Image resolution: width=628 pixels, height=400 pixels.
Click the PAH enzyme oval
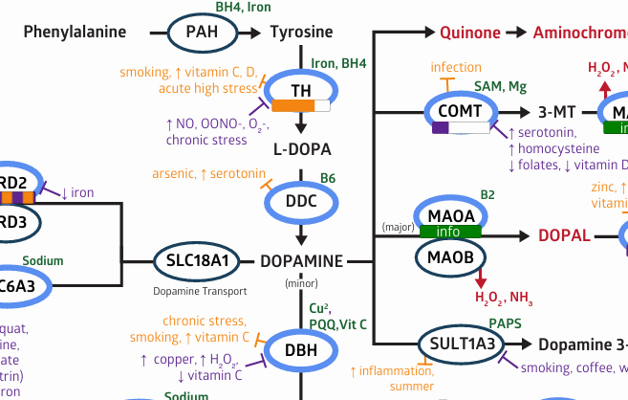click(202, 33)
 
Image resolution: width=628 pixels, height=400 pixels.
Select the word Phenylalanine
click(75, 33)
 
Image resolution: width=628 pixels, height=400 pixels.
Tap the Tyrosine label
click(301, 33)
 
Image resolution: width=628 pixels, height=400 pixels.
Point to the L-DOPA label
click(301, 149)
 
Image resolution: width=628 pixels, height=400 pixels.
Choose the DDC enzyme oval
click(301, 200)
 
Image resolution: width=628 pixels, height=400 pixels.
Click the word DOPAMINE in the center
click(301, 260)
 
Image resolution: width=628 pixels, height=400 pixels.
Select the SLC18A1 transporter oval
click(197, 260)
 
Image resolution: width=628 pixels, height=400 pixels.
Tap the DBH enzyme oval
click(301, 350)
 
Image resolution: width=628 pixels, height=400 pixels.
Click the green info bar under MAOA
click(447, 231)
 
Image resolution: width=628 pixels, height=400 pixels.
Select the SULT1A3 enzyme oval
click(460, 344)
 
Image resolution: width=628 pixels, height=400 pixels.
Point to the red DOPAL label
click(563, 235)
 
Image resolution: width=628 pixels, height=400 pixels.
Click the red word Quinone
click(469, 33)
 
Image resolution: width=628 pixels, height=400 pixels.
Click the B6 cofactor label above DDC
click(328, 178)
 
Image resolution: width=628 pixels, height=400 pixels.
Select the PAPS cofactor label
click(505, 323)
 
